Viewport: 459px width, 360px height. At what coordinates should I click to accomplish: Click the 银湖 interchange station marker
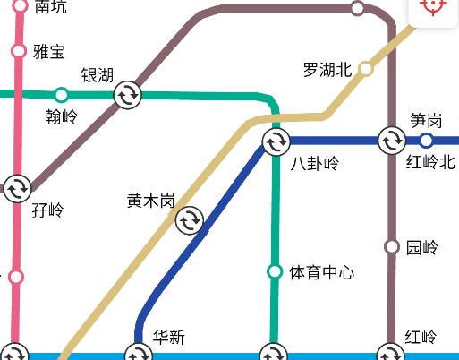coord(127,94)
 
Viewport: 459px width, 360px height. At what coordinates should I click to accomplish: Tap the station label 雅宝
coord(49,51)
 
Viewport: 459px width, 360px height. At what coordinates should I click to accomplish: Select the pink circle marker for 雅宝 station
coord(18,50)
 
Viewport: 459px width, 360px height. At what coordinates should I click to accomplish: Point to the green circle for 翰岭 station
coord(61,94)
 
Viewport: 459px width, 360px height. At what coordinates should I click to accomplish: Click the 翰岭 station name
coord(61,116)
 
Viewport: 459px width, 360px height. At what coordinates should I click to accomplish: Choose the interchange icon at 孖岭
coord(17,189)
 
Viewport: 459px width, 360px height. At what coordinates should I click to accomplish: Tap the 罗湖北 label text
coord(327,70)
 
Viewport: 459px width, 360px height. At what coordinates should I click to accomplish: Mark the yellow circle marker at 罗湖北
coord(365,69)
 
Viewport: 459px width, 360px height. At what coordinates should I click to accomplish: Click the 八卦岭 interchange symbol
coord(276,141)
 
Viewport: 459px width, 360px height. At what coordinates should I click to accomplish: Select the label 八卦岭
coord(315,163)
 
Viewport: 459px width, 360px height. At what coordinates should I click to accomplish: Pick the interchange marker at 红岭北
coord(392,141)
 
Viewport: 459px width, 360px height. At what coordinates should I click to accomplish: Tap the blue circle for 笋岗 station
coord(426,141)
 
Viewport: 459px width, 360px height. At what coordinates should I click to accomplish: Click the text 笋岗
coord(426,119)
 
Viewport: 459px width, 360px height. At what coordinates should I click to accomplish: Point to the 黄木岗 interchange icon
coord(189,219)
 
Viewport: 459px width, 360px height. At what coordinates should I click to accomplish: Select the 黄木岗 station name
coord(150,201)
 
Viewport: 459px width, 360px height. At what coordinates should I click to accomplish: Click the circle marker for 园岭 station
coord(391,246)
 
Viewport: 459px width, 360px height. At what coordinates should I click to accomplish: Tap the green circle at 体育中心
coord(275,271)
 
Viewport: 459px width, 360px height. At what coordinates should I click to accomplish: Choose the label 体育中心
coord(322,271)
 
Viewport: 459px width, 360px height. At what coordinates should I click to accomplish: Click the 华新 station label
coord(168,338)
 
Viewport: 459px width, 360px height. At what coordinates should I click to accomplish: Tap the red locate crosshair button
coord(434,5)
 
